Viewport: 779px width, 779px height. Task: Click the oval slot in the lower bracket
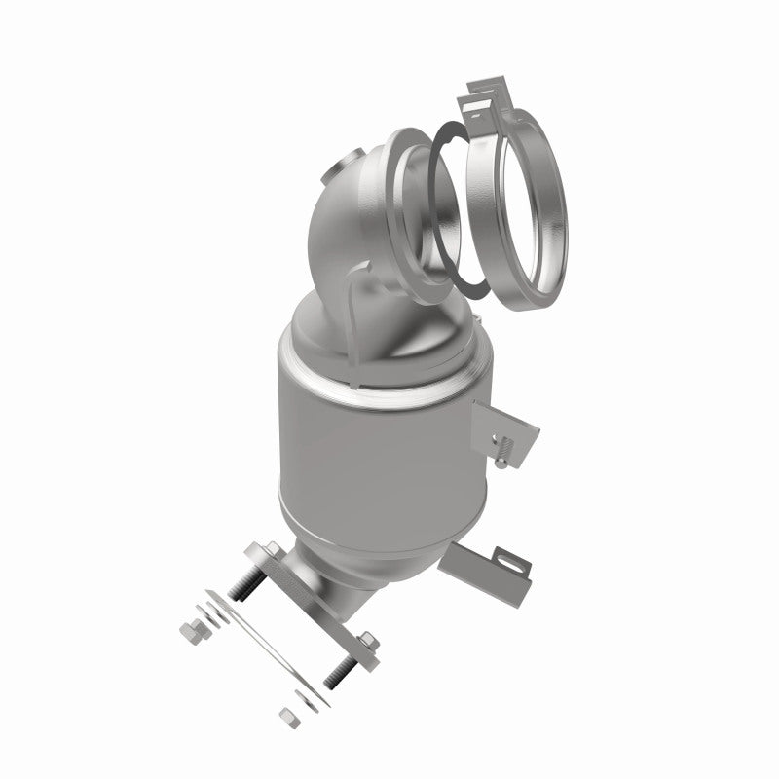point(511,562)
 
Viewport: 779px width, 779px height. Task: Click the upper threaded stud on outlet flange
point(249,583)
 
